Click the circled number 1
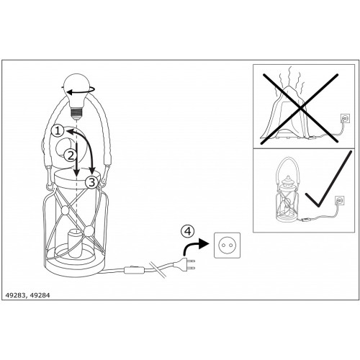[58, 131]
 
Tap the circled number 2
[71, 156]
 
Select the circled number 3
[91, 183]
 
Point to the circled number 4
[187, 231]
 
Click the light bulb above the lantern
[76, 96]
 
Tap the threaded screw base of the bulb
[76, 113]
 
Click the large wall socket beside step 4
[227, 246]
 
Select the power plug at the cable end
[184, 265]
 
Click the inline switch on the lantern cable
[134, 270]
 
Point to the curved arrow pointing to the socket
[192, 246]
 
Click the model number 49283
[14, 295]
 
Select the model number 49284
[40, 295]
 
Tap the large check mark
[329, 179]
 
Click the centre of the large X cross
[300, 109]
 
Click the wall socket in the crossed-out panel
[345, 118]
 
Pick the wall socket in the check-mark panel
[340, 200]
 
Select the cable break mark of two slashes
[157, 269]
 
